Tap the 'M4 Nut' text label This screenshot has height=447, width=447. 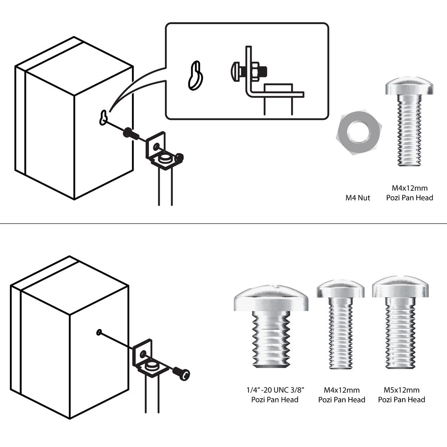pos(357,198)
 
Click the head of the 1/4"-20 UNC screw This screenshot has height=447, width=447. pos(271,300)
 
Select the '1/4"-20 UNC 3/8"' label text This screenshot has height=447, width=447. pos(271,390)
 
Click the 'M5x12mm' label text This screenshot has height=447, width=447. pos(401,390)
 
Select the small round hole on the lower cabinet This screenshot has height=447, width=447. pos(98,332)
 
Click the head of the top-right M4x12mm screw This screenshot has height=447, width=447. pos(409,87)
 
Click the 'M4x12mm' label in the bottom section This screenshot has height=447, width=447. pos(342,390)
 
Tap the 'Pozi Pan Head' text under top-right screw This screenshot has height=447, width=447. pos(409,198)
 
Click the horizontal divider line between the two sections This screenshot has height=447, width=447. pos(223,223)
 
